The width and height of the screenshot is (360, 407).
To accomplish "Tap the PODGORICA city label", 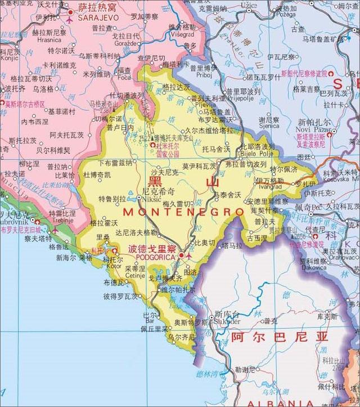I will [152, 258].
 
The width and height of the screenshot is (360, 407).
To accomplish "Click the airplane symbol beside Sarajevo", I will [70, 20].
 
